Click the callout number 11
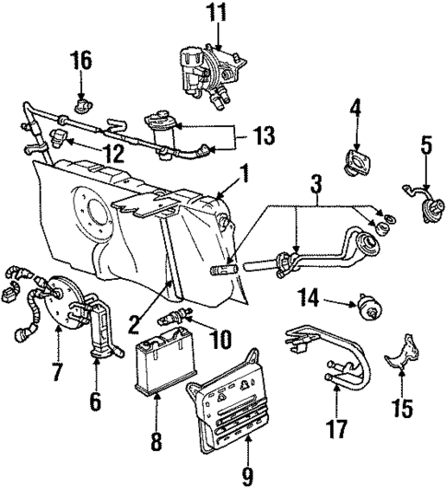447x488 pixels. pyautogui.click(x=215, y=15)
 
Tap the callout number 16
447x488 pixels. pyautogui.click(x=83, y=62)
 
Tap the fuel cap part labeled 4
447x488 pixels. pyautogui.click(x=356, y=162)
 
